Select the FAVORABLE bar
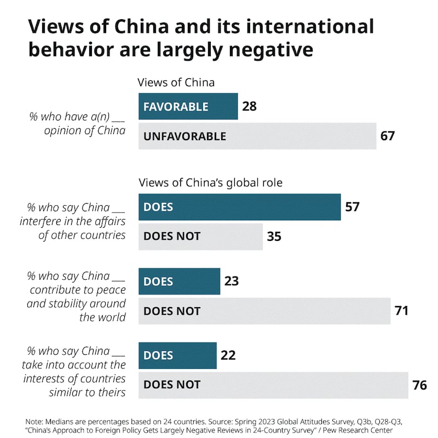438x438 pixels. coord(188,106)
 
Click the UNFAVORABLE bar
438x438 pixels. coord(257,136)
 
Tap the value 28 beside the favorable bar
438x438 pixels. coord(249,106)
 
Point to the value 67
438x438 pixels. coord(387,136)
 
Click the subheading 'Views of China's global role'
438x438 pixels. coord(210,183)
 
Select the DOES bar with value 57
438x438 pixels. coord(240,208)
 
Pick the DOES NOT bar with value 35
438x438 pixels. coord(200,237)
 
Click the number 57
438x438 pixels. coord(352,208)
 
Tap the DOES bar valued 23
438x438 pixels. coord(180,281)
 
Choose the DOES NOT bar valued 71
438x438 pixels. coord(264,311)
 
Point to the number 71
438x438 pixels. coord(401,311)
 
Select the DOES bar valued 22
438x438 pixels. coord(178,355)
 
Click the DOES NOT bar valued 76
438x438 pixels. coord(274,385)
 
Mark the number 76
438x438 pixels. coord(419,385)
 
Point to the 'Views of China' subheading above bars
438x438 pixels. coord(176,83)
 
